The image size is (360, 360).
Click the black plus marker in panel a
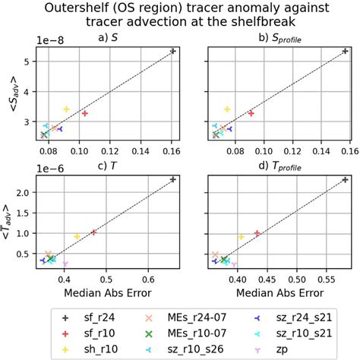tap(173, 51)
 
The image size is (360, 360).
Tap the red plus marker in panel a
tap(84, 113)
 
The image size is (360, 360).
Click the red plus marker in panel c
tap(94, 232)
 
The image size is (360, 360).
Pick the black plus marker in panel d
tap(346, 180)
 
